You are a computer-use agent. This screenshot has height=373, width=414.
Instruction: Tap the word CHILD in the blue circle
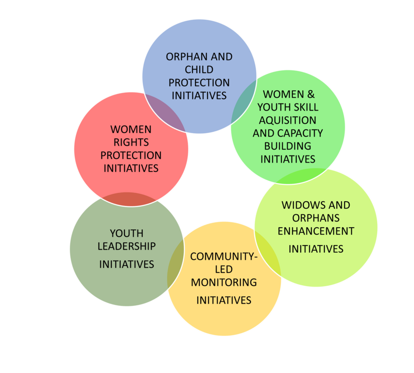tap(199, 70)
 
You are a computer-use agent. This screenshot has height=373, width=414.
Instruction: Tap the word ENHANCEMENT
tap(316, 231)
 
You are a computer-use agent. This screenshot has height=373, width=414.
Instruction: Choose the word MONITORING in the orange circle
tap(224, 282)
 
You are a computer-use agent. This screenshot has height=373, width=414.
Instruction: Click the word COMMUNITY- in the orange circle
tap(224, 256)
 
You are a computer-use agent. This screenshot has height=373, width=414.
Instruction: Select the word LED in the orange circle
tap(223, 269)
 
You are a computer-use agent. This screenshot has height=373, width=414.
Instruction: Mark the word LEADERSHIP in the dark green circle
tap(126, 246)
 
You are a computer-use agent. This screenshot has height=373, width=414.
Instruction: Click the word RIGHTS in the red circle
tap(131, 142)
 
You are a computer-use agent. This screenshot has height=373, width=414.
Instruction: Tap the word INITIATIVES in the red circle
tap(131, 168)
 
